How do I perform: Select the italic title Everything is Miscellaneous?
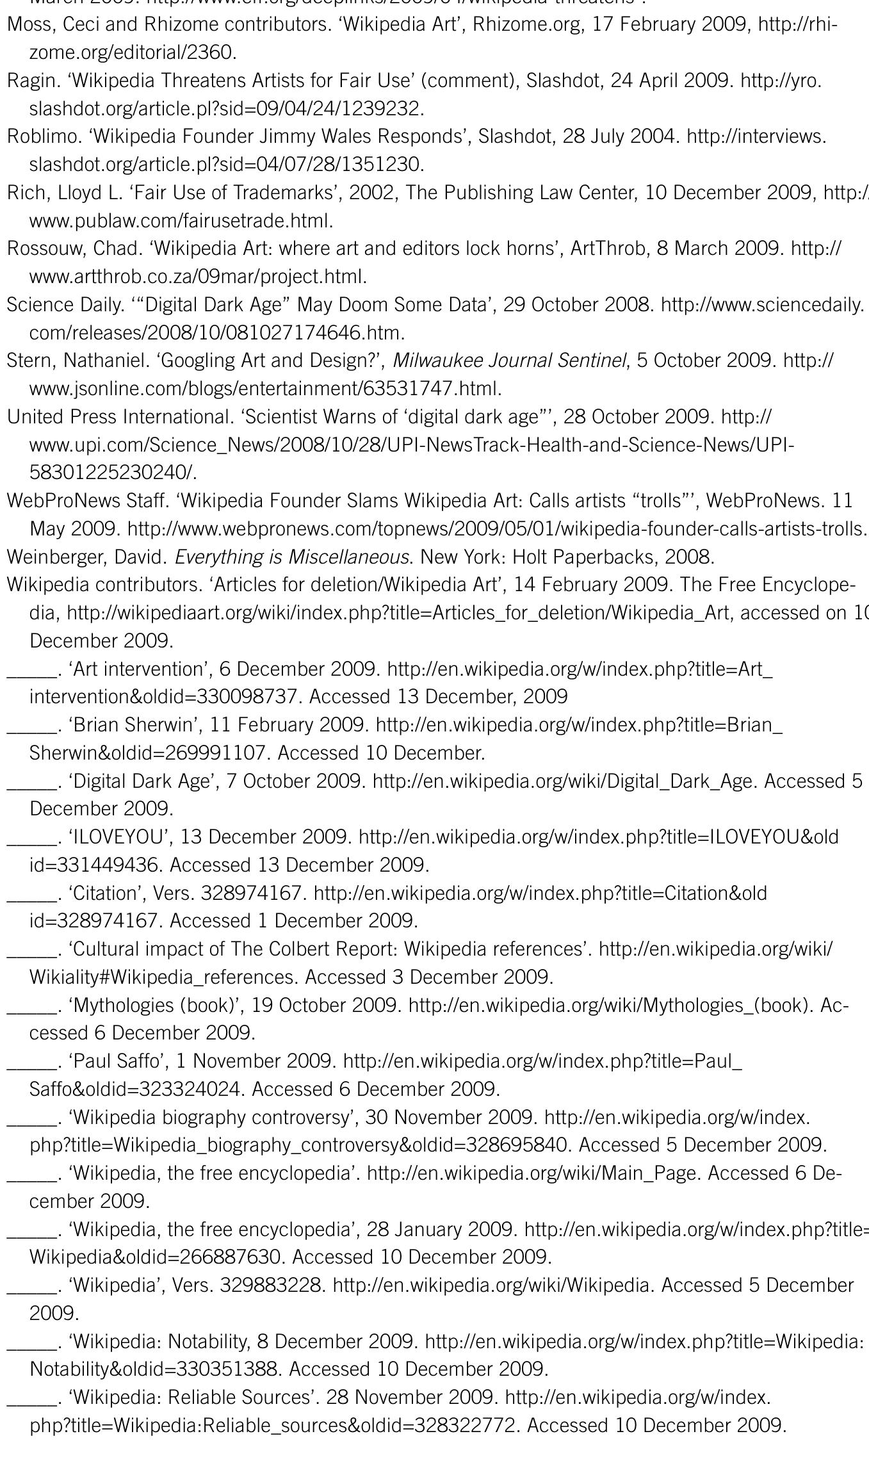click(x=291, y=557)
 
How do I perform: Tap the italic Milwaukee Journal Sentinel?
click(x=509, y=361)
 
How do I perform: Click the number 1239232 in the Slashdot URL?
click(x=382, y=109)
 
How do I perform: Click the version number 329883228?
click(x=272, y=1285)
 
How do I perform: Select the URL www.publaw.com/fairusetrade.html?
click(x=181, y=221)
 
